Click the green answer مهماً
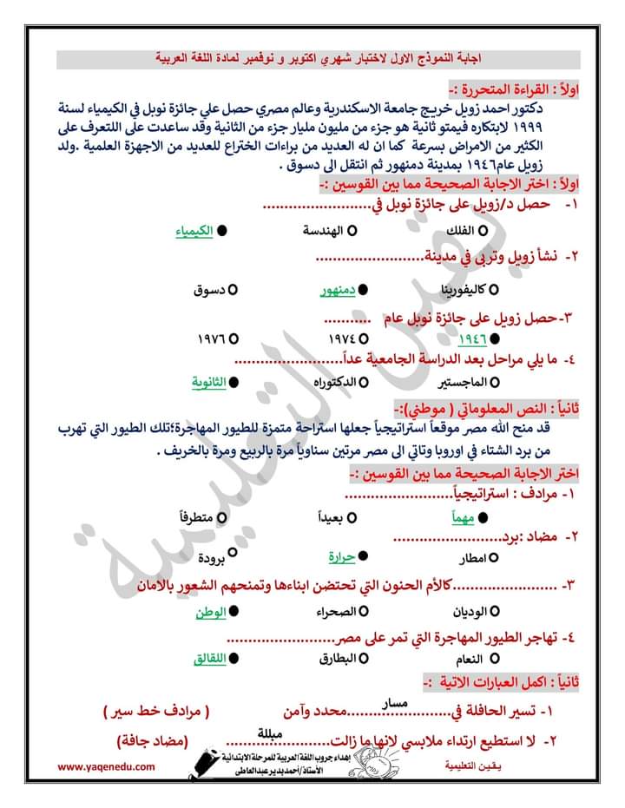[x=465, y=517]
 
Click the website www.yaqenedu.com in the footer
[x=107, y=767]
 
